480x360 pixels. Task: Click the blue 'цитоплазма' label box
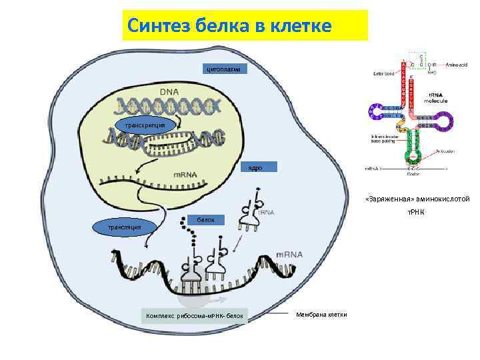227,69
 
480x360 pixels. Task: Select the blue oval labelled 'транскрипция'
145,125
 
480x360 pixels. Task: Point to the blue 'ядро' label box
256,167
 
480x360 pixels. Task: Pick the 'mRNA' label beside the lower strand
289,254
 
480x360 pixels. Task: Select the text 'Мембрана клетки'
322,314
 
